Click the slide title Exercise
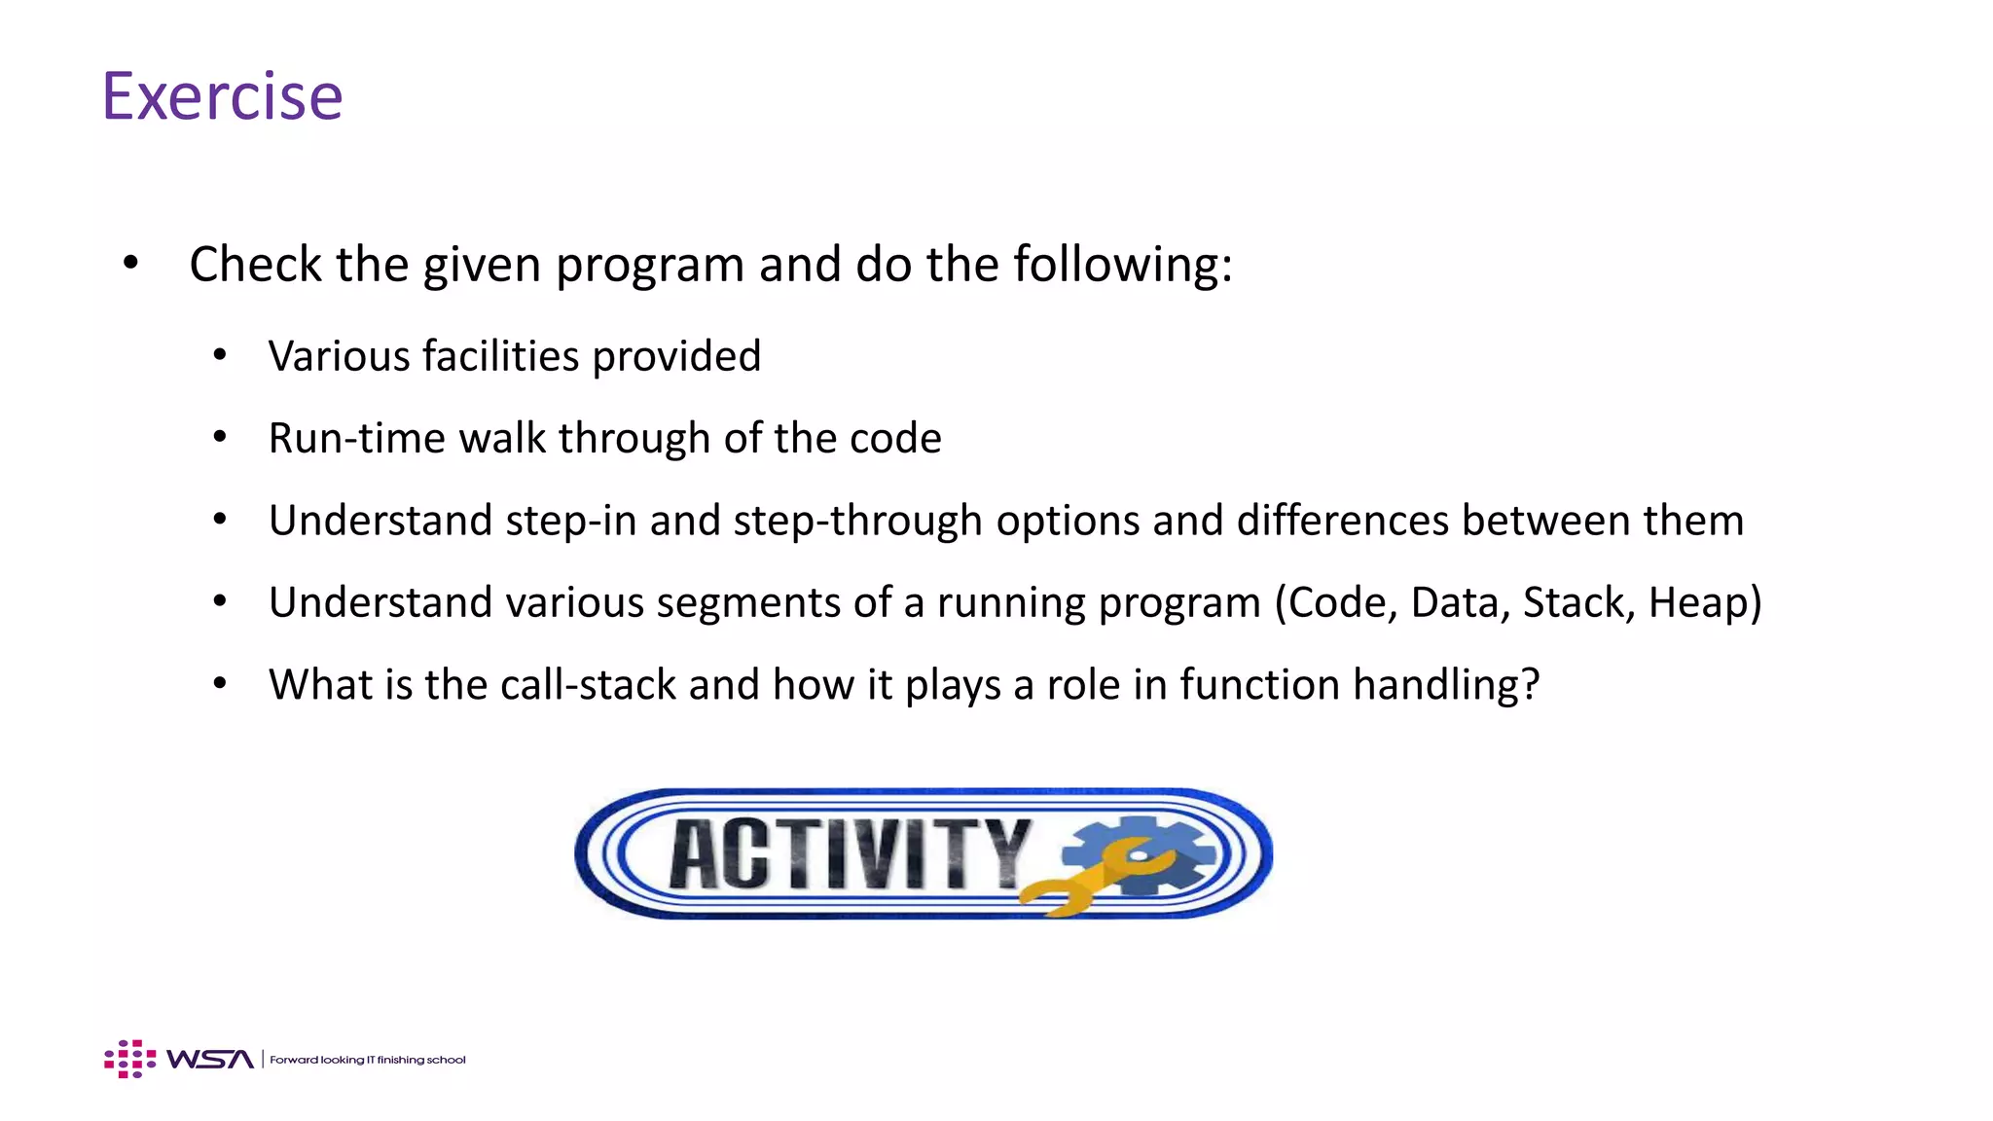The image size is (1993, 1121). coord(222,96)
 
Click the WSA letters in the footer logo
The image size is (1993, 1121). coord(210,1059)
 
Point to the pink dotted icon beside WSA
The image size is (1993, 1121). coord(129,1059)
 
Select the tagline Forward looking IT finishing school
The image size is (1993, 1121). coord(368,1060)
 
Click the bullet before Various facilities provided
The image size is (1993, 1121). coord(220,356)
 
